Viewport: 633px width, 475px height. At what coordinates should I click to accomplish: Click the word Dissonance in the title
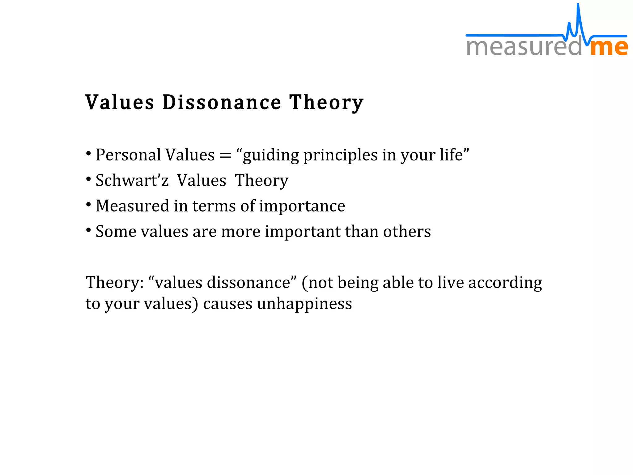222,102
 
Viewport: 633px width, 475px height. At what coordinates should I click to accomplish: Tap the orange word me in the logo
609,47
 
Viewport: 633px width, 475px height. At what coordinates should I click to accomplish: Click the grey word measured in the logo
524,47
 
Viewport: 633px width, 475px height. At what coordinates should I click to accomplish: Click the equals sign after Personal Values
225,156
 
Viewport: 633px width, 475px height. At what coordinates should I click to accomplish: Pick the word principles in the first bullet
340,155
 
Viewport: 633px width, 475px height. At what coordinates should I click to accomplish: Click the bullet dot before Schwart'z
89,179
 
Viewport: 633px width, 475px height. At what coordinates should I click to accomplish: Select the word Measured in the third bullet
133,206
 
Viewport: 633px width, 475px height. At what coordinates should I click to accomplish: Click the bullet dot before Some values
89,230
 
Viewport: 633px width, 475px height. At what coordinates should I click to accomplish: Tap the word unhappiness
304,303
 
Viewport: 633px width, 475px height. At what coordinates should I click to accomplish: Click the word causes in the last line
227,303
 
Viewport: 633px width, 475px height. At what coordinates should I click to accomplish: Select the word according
505,283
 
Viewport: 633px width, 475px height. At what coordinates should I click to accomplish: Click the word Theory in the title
326,102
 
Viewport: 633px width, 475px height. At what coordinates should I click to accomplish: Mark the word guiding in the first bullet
271,155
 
